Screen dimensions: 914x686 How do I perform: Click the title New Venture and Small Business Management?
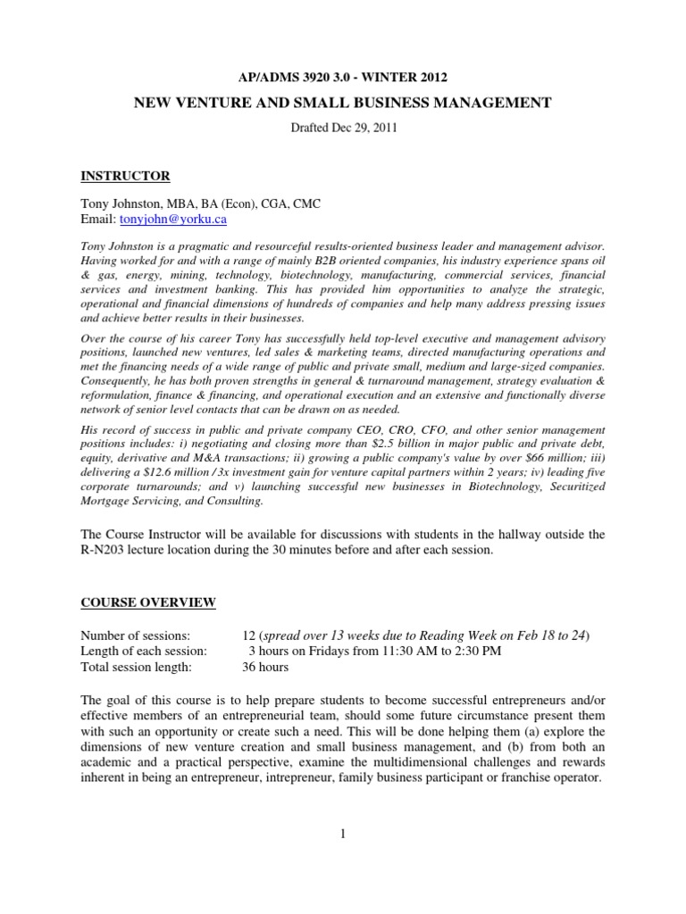coord(342,104)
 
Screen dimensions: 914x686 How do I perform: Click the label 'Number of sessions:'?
coord(135,635)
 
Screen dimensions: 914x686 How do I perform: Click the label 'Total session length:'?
coord(135,667)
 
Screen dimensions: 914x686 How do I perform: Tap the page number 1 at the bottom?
coord(342,834)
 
